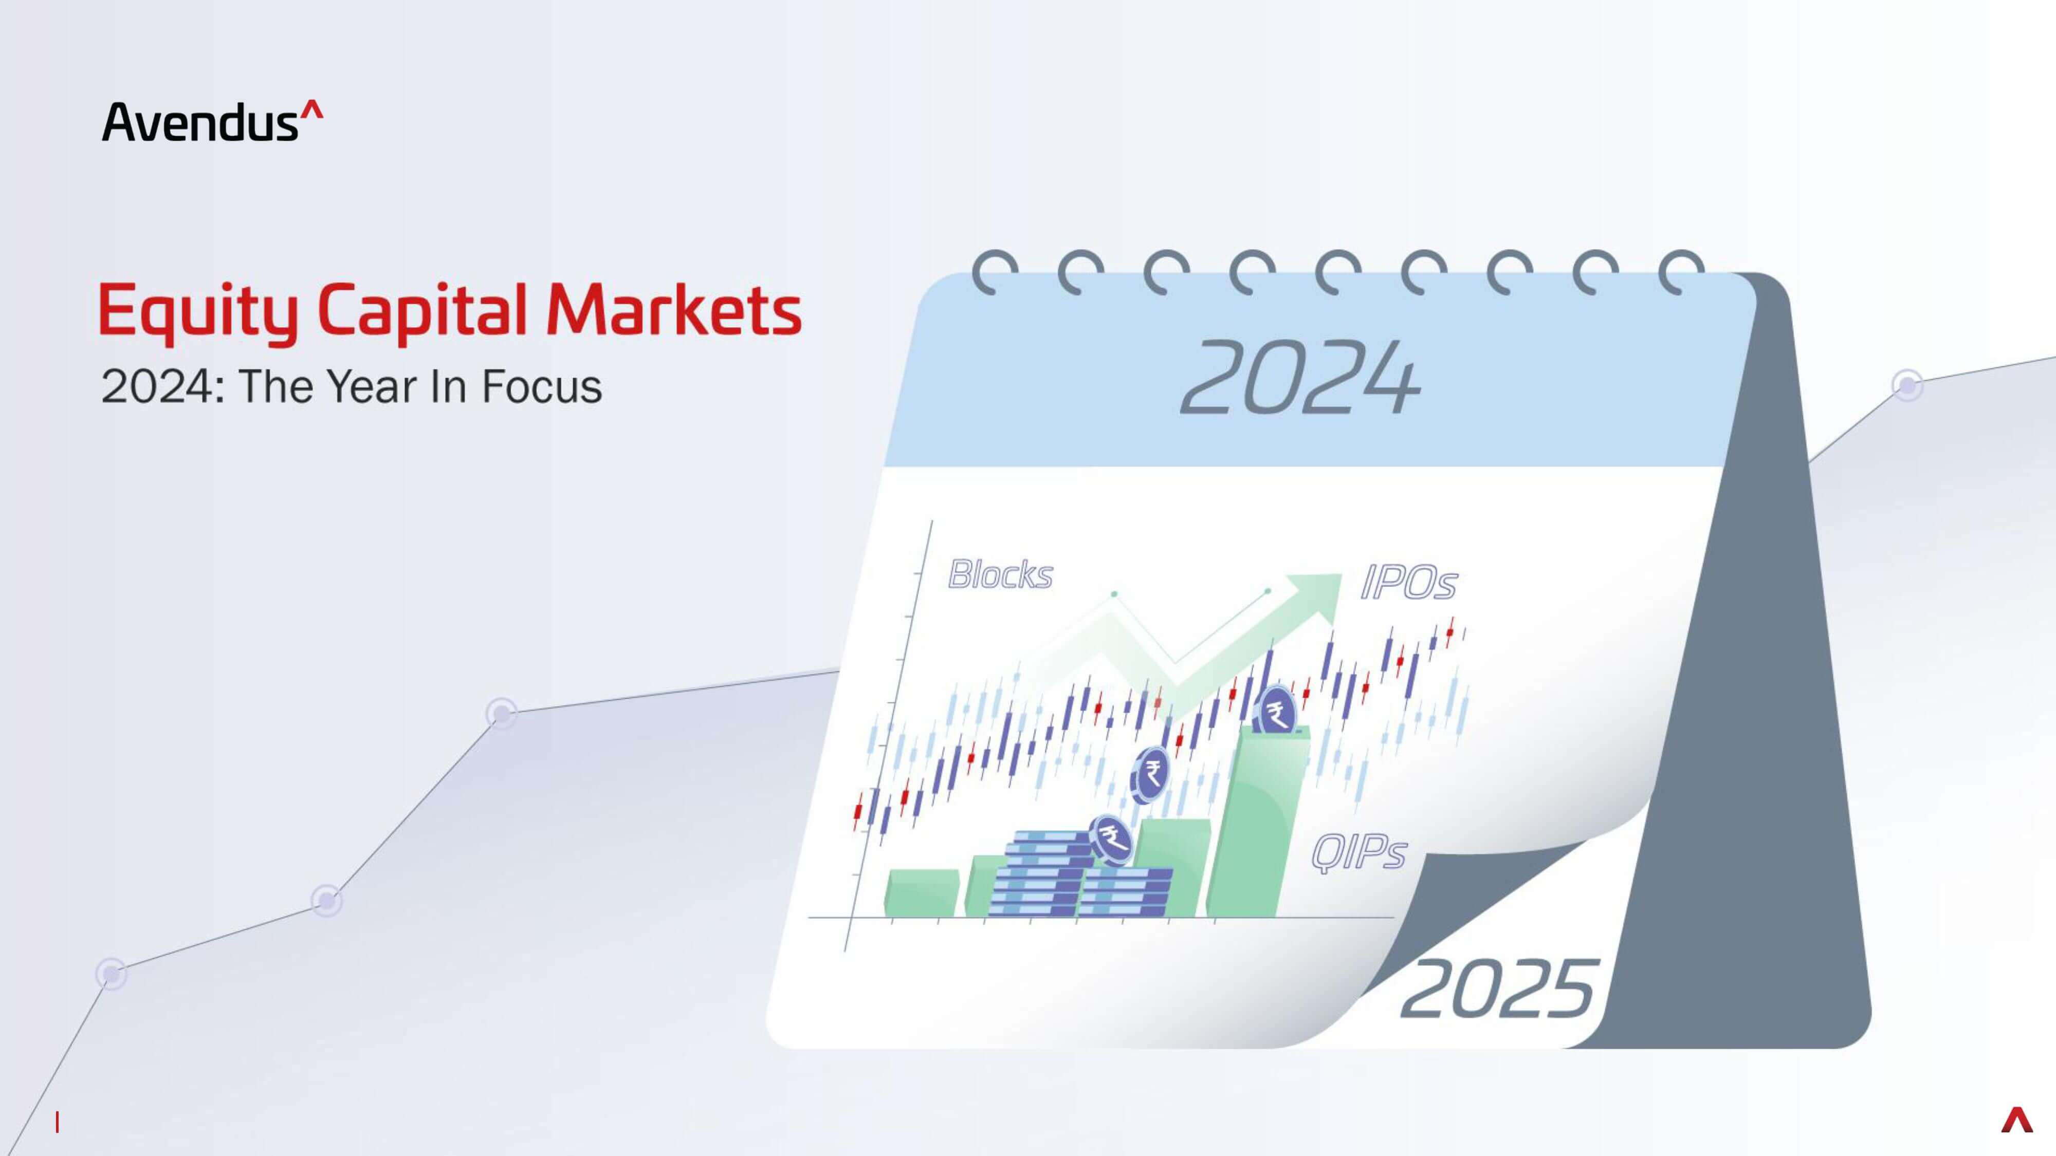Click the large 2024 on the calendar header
pyautogui.click(x=1300, y=377)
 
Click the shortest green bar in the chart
pyautogui.click(x=922, y=893)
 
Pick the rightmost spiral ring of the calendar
pyautogui.click(x=1681, y=271)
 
